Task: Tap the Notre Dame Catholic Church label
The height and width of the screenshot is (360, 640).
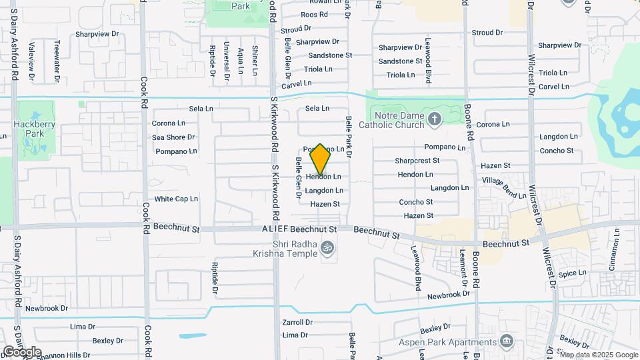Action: coord(391,119)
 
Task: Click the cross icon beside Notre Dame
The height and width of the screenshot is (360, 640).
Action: coord(435,119)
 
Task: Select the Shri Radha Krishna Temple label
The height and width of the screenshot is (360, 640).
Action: coord(287,248)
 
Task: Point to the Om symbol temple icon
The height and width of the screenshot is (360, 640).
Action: coord(327,248)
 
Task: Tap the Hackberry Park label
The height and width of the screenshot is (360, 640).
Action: coord(28,129)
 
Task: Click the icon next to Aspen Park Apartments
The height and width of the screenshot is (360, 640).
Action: coord(507,341)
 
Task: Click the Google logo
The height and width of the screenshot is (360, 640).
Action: coord(22,351)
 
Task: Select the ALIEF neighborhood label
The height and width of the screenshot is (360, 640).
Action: coord(275,229)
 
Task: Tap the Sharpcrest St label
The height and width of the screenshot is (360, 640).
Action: coord(417,161)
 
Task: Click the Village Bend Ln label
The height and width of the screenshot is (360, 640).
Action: coord(504,187)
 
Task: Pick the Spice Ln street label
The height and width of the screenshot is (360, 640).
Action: coord(572,273)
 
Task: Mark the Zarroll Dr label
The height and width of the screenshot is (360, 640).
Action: coord(297,322)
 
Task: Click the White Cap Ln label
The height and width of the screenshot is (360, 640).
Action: coord(176,199)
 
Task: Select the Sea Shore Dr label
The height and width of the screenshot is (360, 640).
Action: coord(173,137)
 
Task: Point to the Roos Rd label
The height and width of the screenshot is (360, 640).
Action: coord(314,14)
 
